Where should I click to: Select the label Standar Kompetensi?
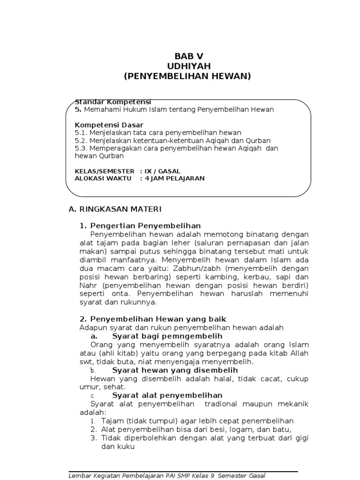(113, 102)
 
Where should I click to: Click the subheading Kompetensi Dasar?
(109, 125)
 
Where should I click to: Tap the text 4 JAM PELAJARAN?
(172, 178)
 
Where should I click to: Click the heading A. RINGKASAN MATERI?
(115, 209)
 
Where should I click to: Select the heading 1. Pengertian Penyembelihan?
(140, 226)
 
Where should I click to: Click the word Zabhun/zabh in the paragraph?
(188, 268)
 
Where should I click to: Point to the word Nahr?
(89, 285)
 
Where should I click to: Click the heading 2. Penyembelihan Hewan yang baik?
(153, 319)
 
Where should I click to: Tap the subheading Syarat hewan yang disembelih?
(175, 370)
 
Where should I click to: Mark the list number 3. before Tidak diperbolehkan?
(94, 438)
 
